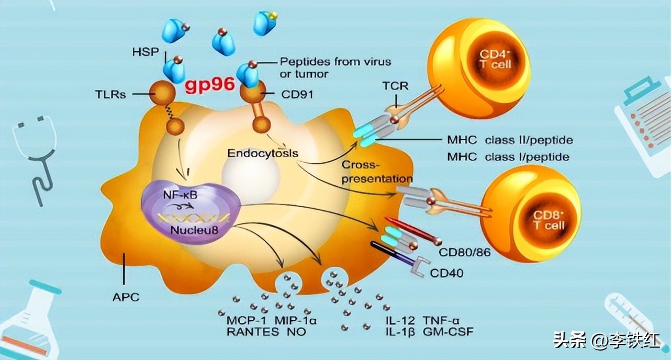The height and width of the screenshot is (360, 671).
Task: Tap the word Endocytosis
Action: tap(263, 154)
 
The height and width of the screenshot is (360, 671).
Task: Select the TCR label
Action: tap(395, 86)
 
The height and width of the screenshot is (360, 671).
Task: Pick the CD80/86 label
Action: tap(464, 253)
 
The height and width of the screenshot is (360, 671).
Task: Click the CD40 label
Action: tap(446, 273)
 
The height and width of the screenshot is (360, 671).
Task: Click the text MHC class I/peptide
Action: tap(508, 156)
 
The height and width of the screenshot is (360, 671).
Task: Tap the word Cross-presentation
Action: tap(377, 172)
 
